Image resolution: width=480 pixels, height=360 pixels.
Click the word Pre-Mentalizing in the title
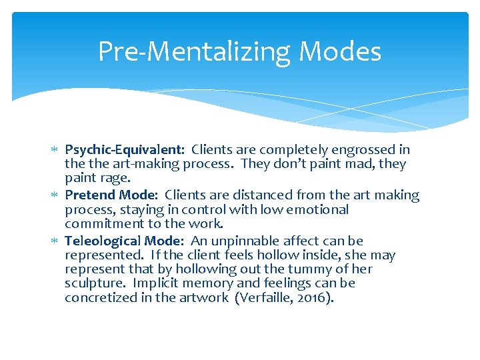pyautogui.click(x=193, y=51)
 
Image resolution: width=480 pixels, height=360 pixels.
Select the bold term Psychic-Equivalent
pyautogui.click(x=125, y=150)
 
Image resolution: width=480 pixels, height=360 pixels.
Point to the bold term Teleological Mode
pyautogui.click(x=123, y=241)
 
